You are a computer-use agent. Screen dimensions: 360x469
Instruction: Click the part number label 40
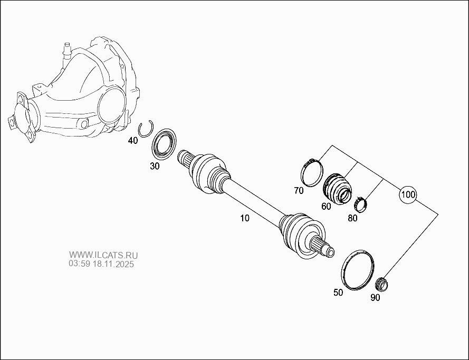click(x=133, y=141)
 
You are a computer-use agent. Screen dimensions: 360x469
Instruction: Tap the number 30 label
click(x=155, y=166)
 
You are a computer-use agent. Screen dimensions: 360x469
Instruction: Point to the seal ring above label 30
click(x=165, y=142)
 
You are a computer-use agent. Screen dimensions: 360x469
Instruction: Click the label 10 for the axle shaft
click(x=245, y=217)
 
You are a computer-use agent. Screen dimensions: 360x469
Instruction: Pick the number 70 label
click(x=299, y=191)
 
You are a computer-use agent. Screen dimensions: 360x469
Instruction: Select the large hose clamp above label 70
click(x=312, y=172)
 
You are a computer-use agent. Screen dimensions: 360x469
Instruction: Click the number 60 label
click(x=326, y=206)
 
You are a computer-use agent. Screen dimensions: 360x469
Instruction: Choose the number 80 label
click(x=352, y=218)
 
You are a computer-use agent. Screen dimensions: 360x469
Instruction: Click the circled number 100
click(x=408, y=195)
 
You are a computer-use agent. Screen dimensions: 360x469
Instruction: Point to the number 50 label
click(x=338, y=292)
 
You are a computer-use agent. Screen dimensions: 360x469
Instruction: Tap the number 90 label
click(x=375, y=297)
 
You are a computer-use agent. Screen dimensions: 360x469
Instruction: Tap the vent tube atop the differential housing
click(x=66, y=50)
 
